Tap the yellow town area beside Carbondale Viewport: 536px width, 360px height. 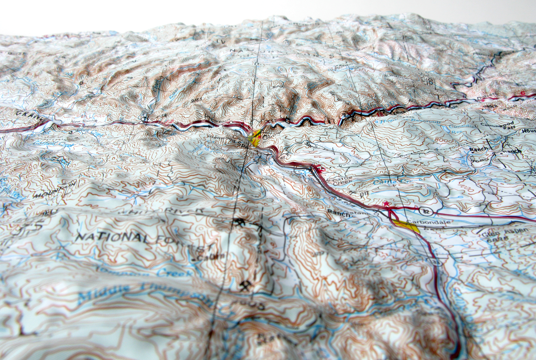tap(406, 226)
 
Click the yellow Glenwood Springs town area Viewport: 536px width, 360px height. tap(255, 138)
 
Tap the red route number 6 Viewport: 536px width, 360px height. tap(521, 92)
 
